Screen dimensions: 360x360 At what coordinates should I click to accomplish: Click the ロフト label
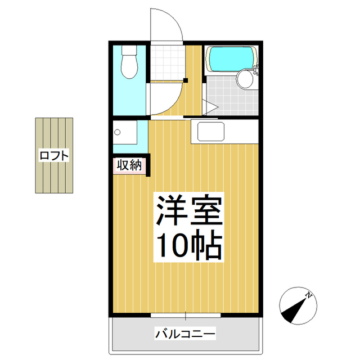54,155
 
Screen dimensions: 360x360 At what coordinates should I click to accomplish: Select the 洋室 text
188,211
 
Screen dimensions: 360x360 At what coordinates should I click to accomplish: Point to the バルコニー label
185,334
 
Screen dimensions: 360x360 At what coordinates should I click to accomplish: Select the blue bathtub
231,58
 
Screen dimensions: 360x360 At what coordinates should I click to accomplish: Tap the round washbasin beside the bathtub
245,79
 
